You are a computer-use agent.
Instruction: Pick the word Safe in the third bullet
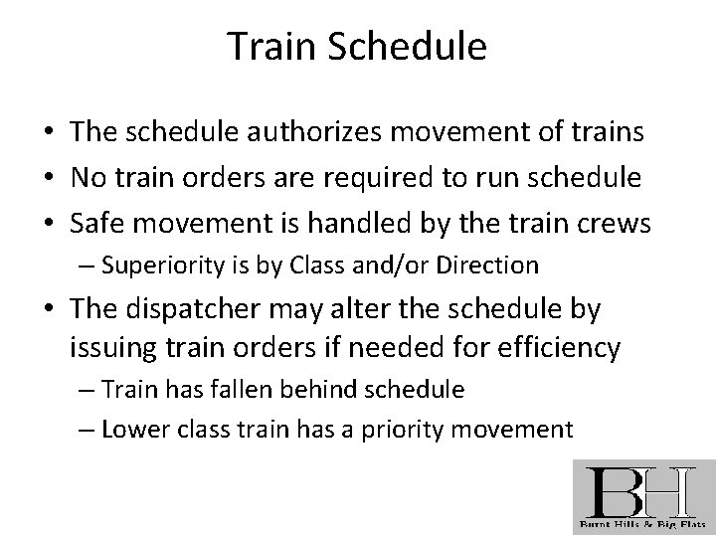pos(95,224)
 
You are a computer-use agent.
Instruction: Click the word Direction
pos(489,266)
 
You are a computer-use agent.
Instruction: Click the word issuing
pos(106,348)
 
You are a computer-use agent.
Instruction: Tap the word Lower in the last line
pos(132,429)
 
